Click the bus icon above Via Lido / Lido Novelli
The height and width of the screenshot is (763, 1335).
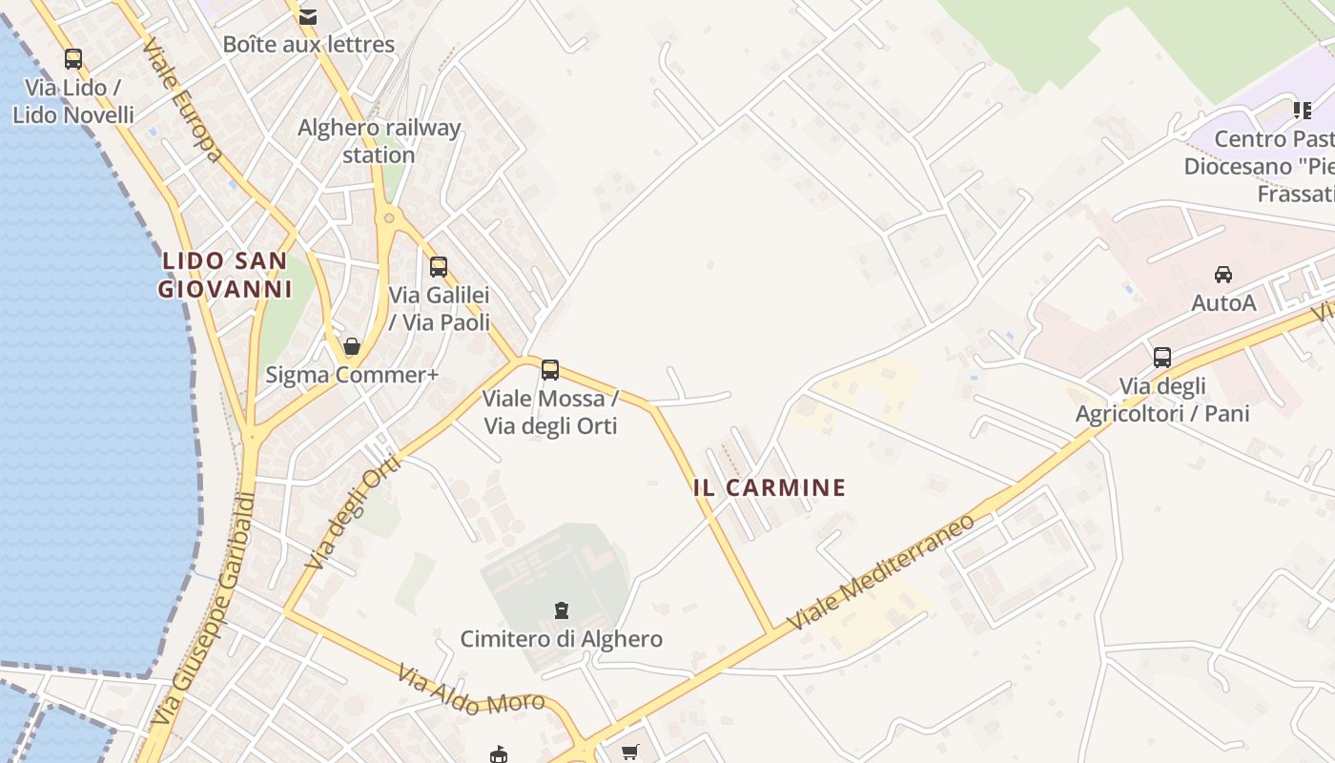coord(73,59)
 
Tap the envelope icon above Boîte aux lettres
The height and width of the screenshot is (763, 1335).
coord(308,16)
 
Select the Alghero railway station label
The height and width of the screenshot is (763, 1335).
coord(379,141)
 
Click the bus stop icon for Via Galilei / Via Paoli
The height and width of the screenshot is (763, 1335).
coord(439,267)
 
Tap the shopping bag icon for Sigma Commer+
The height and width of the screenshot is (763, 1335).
coord(352,346)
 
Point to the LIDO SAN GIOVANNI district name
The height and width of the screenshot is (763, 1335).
coord(224,275)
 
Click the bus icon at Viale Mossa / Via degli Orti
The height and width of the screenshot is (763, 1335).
coord(550,370)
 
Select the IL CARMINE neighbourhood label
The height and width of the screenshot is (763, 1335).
coord(770,488)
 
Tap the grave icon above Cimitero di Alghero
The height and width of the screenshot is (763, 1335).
coord(562,609)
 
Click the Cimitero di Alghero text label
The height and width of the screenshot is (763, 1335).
coord(562,638)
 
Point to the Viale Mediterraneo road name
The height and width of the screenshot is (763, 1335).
coord(882,572)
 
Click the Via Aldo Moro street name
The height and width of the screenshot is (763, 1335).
coord(471,691)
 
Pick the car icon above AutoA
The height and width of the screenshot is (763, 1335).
coord(1223,275)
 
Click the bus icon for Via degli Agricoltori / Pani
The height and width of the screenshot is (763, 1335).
coord(1162,358)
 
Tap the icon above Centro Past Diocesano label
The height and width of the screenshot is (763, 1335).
coord(1303,111)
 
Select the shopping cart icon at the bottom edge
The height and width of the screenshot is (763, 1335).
coord(630,753)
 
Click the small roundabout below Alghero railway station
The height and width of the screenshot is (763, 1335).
coord(389,218)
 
